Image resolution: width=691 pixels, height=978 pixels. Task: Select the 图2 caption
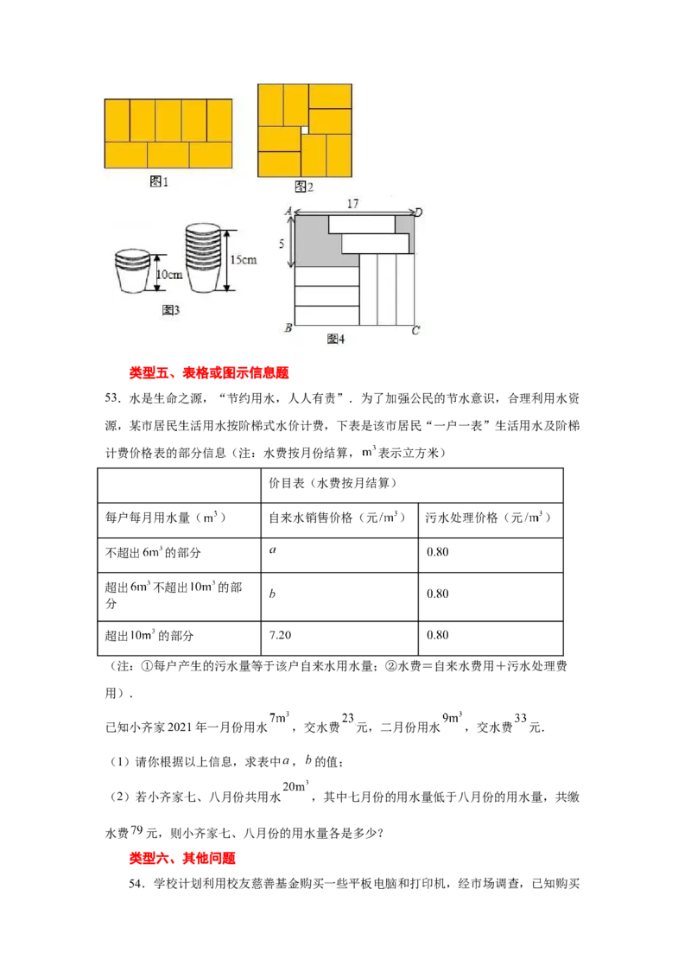click(x=302, y=186)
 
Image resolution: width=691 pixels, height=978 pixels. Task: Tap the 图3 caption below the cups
click(x=170, y=310)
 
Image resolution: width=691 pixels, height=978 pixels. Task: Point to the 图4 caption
click(x=336, y=339)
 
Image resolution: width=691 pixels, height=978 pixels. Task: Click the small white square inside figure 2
click(x=304, y=130)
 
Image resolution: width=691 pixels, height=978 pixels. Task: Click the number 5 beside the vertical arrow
click(x=281, y=244)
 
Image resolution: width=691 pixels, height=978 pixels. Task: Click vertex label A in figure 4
click(x=288, y=211)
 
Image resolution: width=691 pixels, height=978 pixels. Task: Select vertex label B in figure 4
click(x=287, y=329)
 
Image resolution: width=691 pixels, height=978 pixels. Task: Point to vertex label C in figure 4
click(x=415, y=330)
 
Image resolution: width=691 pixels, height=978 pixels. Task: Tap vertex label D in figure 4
click(x=417, y=212)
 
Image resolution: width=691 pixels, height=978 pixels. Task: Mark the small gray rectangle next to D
click(x=403, y=223)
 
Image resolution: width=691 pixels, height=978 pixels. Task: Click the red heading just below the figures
click(x=207, y=373)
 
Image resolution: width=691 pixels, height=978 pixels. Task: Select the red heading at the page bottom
click(x=183, y=860)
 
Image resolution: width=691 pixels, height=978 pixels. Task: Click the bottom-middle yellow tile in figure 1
click(x=168, y=155)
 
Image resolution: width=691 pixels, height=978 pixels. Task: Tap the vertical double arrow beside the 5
click(x=293, y=241)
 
